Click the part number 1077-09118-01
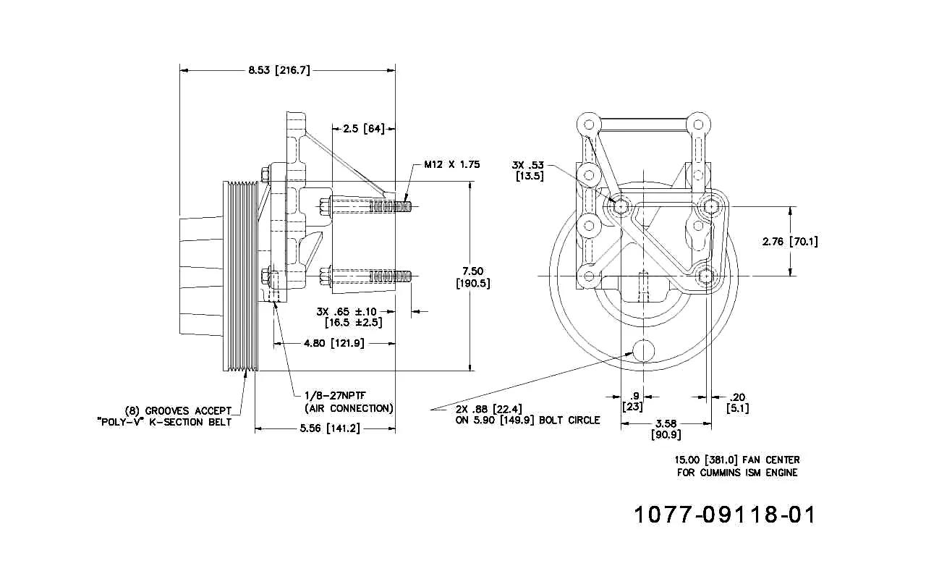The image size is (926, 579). pos(725,515)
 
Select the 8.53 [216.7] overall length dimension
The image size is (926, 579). pos(279,70)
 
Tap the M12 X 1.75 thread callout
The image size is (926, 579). pos(452,164)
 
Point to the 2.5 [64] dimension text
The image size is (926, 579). pos(364,129)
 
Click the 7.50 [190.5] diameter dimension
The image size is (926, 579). pos(473,277)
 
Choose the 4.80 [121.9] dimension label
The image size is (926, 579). pos(334,343)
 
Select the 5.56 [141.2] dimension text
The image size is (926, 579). pos(330,428)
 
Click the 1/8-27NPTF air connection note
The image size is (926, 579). pos(349,402)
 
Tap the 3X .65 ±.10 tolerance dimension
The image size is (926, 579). pos(349,317)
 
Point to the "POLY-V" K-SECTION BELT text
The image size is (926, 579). pos(164,422)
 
